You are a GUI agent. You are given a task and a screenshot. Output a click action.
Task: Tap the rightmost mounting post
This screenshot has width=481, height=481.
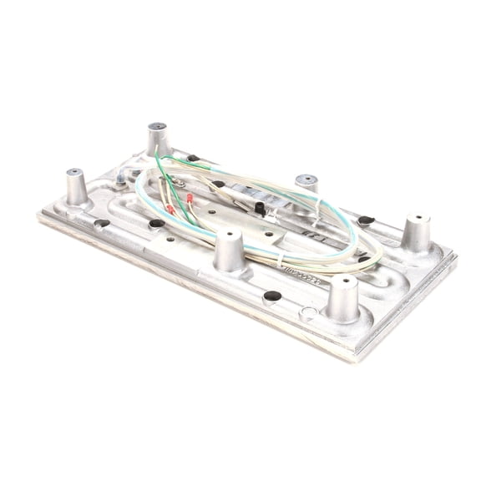coord(417,221)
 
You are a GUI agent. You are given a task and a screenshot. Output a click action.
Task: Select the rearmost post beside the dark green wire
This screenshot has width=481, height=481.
coord(158,129)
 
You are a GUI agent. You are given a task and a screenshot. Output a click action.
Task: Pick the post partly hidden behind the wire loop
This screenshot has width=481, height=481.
coord(306,180)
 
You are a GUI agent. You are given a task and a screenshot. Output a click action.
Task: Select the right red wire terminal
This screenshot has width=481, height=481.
coord(190,199)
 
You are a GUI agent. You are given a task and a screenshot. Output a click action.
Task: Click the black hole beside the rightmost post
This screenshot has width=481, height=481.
coord(366,220)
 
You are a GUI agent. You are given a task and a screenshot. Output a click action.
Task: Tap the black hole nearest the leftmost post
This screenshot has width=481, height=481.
coord(102,224)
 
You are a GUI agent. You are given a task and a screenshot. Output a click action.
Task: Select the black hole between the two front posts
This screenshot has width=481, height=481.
coord(271,296)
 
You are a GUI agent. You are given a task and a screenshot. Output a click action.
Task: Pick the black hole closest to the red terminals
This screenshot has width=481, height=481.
coord(157,224)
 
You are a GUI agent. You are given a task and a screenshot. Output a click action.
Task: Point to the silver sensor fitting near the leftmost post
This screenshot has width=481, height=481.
coord(121,178)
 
